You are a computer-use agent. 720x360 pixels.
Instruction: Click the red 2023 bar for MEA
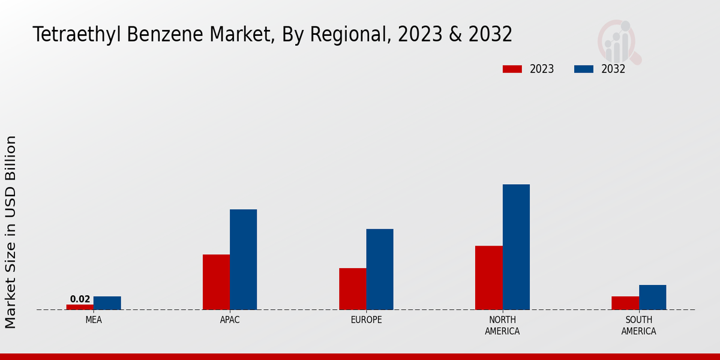click(x=80, y=307)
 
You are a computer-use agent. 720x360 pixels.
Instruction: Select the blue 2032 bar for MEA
click(x=107, y=303)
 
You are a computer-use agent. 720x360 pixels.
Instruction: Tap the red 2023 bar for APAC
click(x=216, y=282)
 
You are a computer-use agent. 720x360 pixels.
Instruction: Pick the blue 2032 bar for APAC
click(x=243, y=259)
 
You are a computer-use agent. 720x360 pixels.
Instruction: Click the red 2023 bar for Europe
click(x=352, y=289)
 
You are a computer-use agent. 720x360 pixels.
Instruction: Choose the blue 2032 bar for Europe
click(x=380, y=269)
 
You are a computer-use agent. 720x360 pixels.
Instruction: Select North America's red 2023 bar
click(x=488, y=278)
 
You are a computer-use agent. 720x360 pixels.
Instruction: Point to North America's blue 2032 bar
click(x=516, y=247)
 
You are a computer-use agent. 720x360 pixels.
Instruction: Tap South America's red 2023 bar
click(x=625, y=303)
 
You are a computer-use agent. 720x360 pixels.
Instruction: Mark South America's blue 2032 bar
click(x=652, y=297)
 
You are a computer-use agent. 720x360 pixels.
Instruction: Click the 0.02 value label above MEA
click(x=80, y=299)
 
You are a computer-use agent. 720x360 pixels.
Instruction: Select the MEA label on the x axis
click(x=94, y=320)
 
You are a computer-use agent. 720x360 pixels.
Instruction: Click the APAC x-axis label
click(x=230, y=320)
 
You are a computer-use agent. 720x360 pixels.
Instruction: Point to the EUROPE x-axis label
click(x=366, y=320)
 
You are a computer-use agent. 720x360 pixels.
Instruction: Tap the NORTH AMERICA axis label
click(x=502, y=325)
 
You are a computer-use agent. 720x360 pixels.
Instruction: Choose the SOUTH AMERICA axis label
click(x=638, y=325)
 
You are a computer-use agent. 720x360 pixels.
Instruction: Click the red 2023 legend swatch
click(x=512, y=69)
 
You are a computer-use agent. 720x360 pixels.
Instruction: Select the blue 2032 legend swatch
click(x=583, y=69)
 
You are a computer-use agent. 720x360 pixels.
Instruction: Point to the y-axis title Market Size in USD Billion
click(x=11, y=232)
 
